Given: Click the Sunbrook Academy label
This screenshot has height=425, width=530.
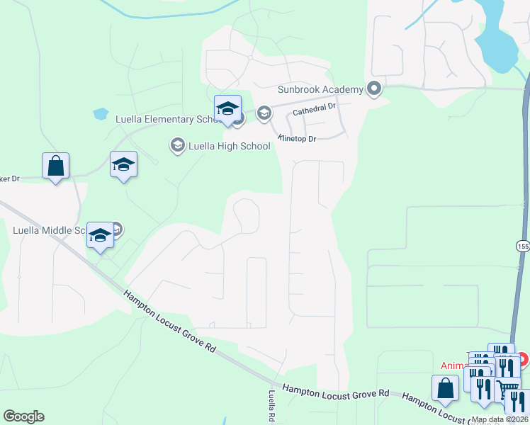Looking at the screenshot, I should click(320, 89).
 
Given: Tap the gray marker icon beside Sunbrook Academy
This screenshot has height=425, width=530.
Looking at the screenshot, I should click(373, 89).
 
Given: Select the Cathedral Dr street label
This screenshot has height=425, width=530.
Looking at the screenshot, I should click(314, 108).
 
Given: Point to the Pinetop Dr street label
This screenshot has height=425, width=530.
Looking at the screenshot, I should click(307, 139).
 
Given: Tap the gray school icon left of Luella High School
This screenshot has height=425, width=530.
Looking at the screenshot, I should click(176, 145).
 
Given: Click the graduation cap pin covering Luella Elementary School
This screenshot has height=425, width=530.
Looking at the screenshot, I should click(227, 109).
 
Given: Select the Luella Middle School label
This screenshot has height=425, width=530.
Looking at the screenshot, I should click(50, 229).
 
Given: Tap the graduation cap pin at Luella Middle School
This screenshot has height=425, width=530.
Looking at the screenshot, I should click(100, 235).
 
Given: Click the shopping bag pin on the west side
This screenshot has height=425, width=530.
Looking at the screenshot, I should click(55, 166).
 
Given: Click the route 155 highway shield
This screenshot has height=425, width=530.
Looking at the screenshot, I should click(523, 244).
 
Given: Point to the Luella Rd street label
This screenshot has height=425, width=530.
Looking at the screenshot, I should click(271, 406).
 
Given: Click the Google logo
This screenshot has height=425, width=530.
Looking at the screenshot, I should click(23, 416).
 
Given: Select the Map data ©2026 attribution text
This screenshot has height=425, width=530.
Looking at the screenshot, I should click(500, 419).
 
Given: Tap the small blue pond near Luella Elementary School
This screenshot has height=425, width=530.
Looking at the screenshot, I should click(100, 113).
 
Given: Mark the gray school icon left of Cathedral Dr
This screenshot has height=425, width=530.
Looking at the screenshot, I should click(264, 113).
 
